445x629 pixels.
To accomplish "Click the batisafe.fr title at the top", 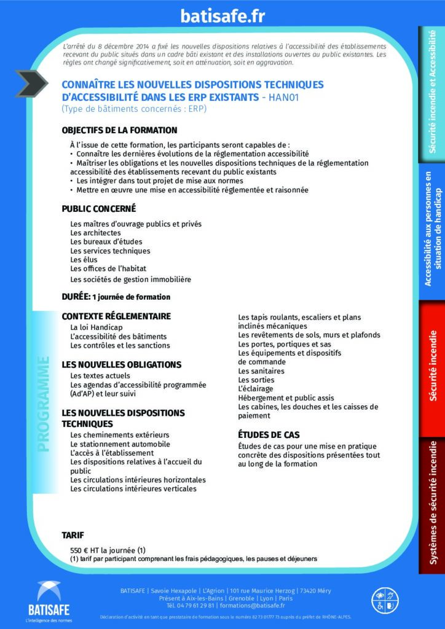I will (222, 17).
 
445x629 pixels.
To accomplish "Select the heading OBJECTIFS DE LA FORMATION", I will (119, 130).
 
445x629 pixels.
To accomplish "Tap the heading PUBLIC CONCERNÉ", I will (99, 209).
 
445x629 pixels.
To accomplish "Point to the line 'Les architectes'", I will (95, 233).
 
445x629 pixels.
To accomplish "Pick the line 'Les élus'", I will (84, 260).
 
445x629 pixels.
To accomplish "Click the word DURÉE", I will (76, 297).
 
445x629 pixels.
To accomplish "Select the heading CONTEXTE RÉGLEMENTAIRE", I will (116, 316).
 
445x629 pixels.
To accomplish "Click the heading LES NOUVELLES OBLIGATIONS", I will (122, 364).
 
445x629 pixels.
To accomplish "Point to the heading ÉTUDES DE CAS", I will (269, 434).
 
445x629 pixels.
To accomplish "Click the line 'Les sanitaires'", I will (261, 371).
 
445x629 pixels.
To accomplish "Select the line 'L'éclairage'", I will (256, 389).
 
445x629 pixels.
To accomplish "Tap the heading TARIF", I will (73, 535).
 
